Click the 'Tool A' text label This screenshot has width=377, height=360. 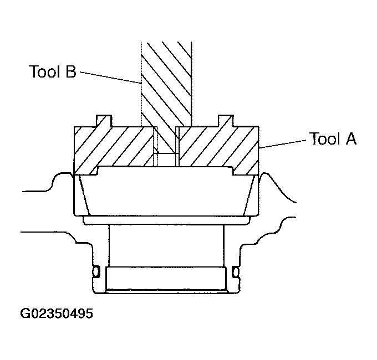coord(333,138)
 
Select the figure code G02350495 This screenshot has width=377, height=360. coord(57,314)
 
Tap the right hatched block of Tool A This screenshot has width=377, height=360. coord(216,147)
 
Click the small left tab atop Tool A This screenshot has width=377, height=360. coord(103,121)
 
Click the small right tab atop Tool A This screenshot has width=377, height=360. coord(226,121)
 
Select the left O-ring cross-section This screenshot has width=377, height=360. coord(96,272)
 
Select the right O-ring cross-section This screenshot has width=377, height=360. coord(236,272)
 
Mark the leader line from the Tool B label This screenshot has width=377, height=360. coord(111,78)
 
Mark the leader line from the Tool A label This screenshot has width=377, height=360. coord(283,144)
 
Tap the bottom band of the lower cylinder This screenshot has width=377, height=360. coord(166,280)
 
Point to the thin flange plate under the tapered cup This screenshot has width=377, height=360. coord(166,220)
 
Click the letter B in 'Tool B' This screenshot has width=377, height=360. coord(70,73)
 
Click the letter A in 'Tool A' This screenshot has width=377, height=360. coord(350,138)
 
